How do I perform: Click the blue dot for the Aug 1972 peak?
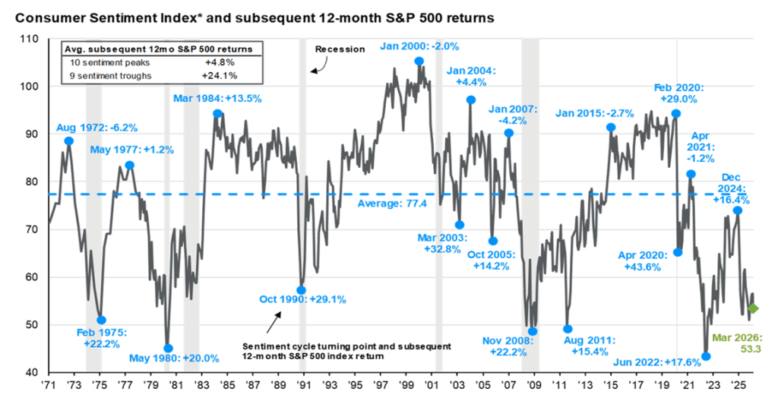click(x=69, y=141)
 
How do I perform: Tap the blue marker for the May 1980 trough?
click(x=168, y=349)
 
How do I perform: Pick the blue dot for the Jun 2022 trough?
click(x=706, y=356)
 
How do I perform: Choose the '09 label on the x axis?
click(x=533, y=385)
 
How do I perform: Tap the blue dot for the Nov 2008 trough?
click(x=533, y=331)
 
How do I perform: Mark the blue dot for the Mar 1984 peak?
click(x=217, y=114)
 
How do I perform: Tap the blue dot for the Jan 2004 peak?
click(x=471, y=99)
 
